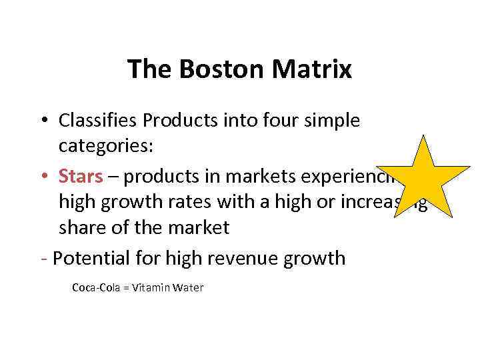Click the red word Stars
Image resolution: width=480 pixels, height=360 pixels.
pos(81,176)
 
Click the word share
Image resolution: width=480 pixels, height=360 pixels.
pos(81,227)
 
